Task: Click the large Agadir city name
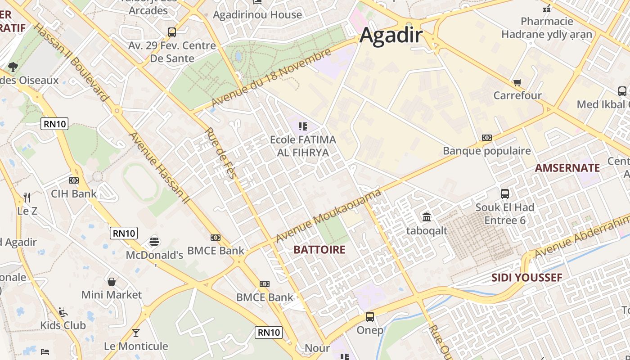pos(391,35)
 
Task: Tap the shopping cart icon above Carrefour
pos(517,82)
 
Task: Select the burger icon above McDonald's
pos(154,241)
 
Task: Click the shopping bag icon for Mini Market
pos(112,282)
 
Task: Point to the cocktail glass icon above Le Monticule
pos(135,333)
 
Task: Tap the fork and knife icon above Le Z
pos(27,197)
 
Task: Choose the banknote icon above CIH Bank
pos(74,180)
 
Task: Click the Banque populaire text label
pos(487,151)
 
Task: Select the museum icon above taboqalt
pos(427,217)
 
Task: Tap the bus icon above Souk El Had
pos(505,194)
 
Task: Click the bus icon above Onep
pos(370,317)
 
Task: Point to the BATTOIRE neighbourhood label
pos(319,250)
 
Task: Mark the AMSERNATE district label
pos(567,168)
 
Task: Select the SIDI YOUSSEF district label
pos(526,277)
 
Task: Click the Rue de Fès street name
pos(220,153)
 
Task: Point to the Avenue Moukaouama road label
pos(328,216)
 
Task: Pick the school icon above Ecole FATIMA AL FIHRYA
pos(303,126)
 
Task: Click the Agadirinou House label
pos(257,15)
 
